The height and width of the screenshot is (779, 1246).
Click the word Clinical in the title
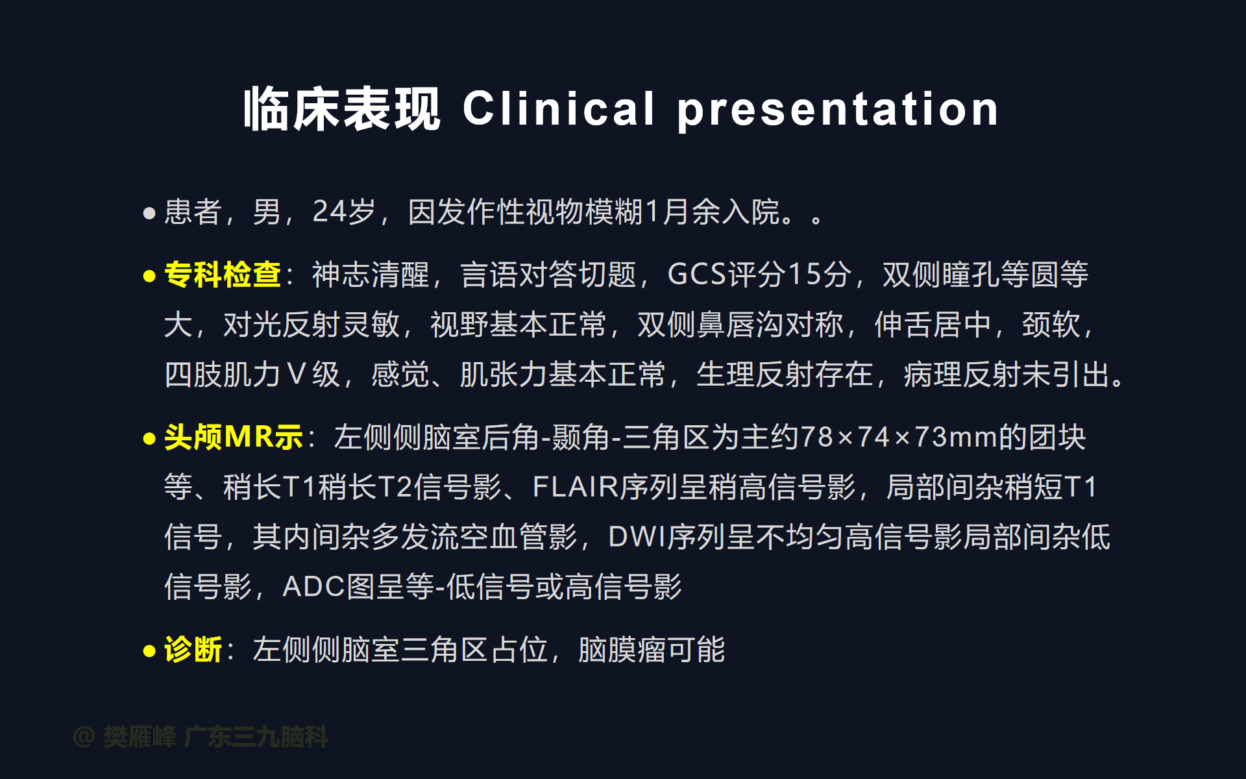(x=558, y=108)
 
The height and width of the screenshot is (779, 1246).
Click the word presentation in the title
(x=838, y=110)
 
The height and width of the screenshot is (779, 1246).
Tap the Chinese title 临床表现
(x=342, y=109)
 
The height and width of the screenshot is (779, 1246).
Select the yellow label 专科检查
(x=223, y=275)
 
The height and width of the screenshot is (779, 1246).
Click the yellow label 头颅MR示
(x=234, y=437)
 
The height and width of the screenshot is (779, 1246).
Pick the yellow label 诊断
(x=193, y=649)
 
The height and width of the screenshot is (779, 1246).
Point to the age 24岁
(x=344, y=212)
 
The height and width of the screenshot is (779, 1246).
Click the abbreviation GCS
(x=698, y=275)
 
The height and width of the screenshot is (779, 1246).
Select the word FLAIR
(x=576, y=487)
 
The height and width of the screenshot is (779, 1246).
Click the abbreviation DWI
(x=638, y=537)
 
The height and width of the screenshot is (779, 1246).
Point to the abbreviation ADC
(x=313, y=587)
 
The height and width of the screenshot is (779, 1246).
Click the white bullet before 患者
(x=149, y=213)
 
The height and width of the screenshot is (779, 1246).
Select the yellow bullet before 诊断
(x=149, y=650)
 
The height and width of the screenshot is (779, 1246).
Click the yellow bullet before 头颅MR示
(x=149, y=439)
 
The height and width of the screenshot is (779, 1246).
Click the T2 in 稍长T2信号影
(x=395, y=487)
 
